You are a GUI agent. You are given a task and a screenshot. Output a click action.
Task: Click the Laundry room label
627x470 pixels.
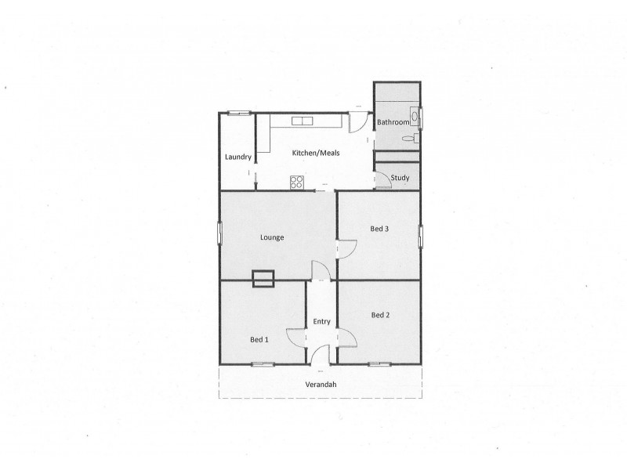point(237,157)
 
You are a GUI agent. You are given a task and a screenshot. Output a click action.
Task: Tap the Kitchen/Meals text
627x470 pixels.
point(315,153)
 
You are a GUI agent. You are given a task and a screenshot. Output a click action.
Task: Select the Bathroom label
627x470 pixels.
point(393,123)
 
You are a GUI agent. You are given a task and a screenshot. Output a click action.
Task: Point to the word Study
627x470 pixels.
point(400,178)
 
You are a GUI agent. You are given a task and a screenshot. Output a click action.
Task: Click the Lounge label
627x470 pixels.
point(272,237)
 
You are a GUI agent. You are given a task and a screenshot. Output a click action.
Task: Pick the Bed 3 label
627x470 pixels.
point(379,229)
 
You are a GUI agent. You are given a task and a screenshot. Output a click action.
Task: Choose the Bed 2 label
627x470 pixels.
point(379,315)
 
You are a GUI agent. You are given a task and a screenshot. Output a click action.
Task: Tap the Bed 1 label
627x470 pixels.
point(259,339)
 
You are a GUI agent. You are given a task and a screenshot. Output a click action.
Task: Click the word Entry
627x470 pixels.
point(321,321)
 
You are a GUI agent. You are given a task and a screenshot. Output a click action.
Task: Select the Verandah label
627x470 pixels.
point(321,384)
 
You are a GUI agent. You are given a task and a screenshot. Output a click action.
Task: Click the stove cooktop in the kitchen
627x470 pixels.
point(297,183)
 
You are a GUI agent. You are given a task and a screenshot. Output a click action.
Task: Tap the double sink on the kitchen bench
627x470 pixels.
point(302,121)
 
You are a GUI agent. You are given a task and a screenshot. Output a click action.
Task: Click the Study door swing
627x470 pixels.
point(383,179)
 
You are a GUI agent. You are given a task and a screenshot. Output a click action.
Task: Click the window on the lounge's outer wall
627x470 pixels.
point(219,233)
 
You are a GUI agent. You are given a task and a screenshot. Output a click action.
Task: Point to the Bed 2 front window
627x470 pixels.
point(379,363)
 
